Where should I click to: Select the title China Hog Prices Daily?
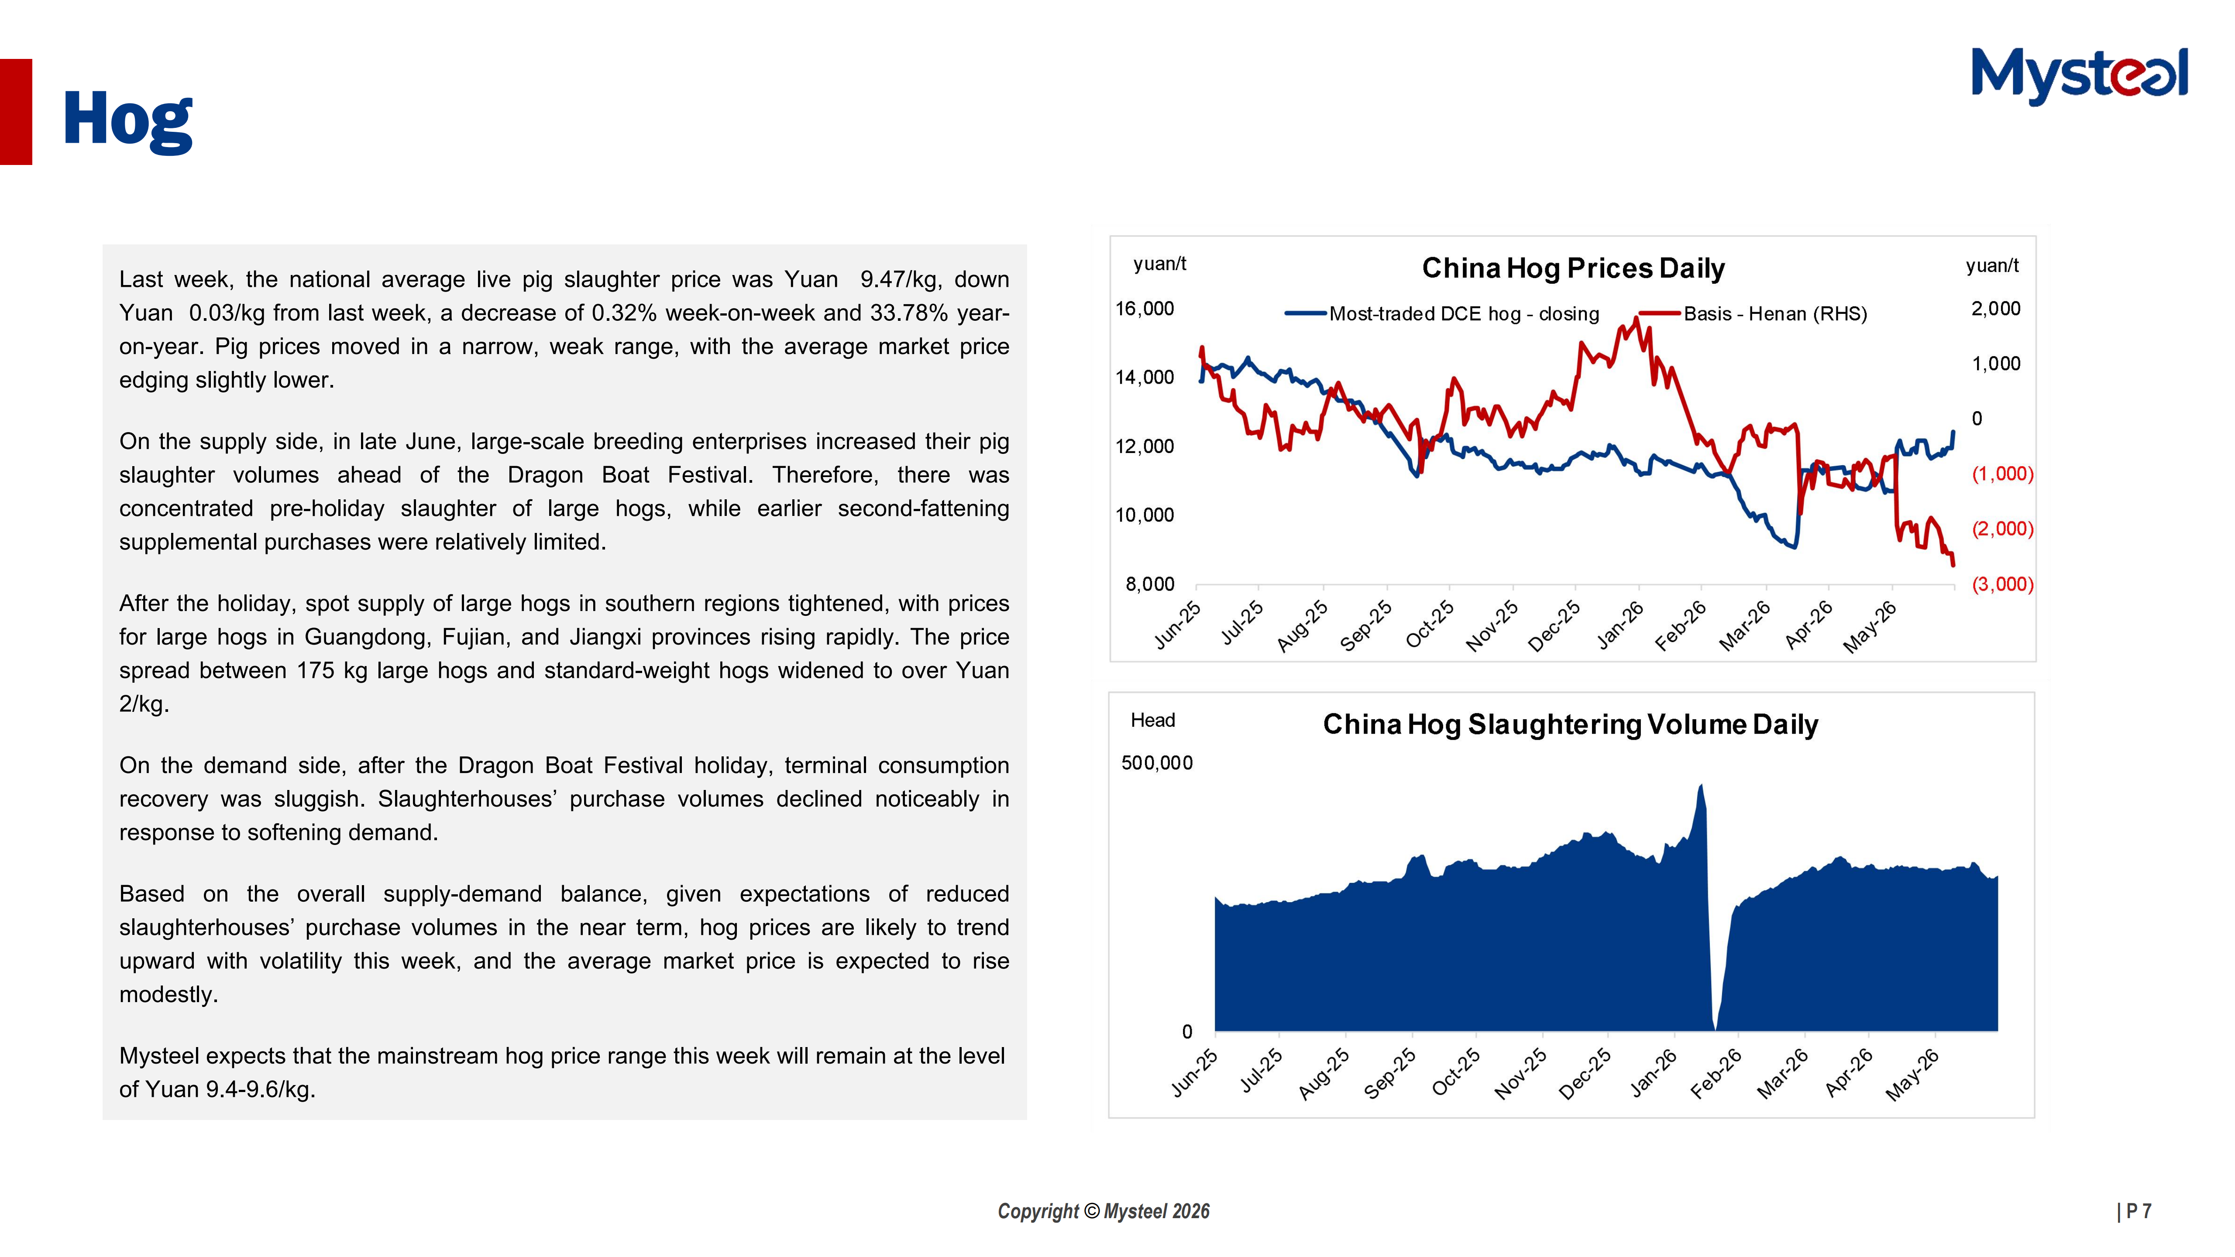(1573, 268)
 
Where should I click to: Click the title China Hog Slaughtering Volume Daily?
(1571, 725)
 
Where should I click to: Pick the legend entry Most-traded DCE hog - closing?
(1442, 314)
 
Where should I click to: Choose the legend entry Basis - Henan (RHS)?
(1753, 314)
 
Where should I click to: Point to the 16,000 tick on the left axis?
(1145, 309)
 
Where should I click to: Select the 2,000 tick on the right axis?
(1995, 309)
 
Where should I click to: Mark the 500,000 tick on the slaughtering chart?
(1156, 763)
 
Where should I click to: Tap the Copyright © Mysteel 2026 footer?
(1104, 1211)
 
